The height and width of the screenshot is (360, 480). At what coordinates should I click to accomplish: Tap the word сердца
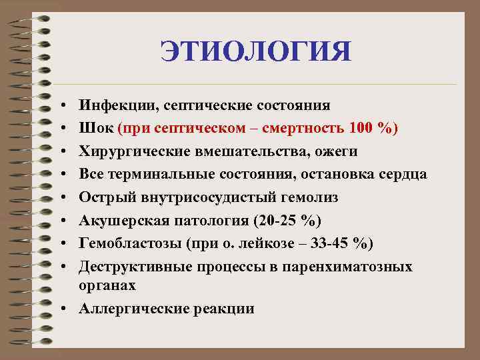(403, 175)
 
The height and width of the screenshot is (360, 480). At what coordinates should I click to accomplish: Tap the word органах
(107, 285)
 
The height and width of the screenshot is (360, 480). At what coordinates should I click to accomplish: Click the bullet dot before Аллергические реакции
(61, 309)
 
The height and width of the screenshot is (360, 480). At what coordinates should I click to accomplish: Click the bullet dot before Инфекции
(61, 105)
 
